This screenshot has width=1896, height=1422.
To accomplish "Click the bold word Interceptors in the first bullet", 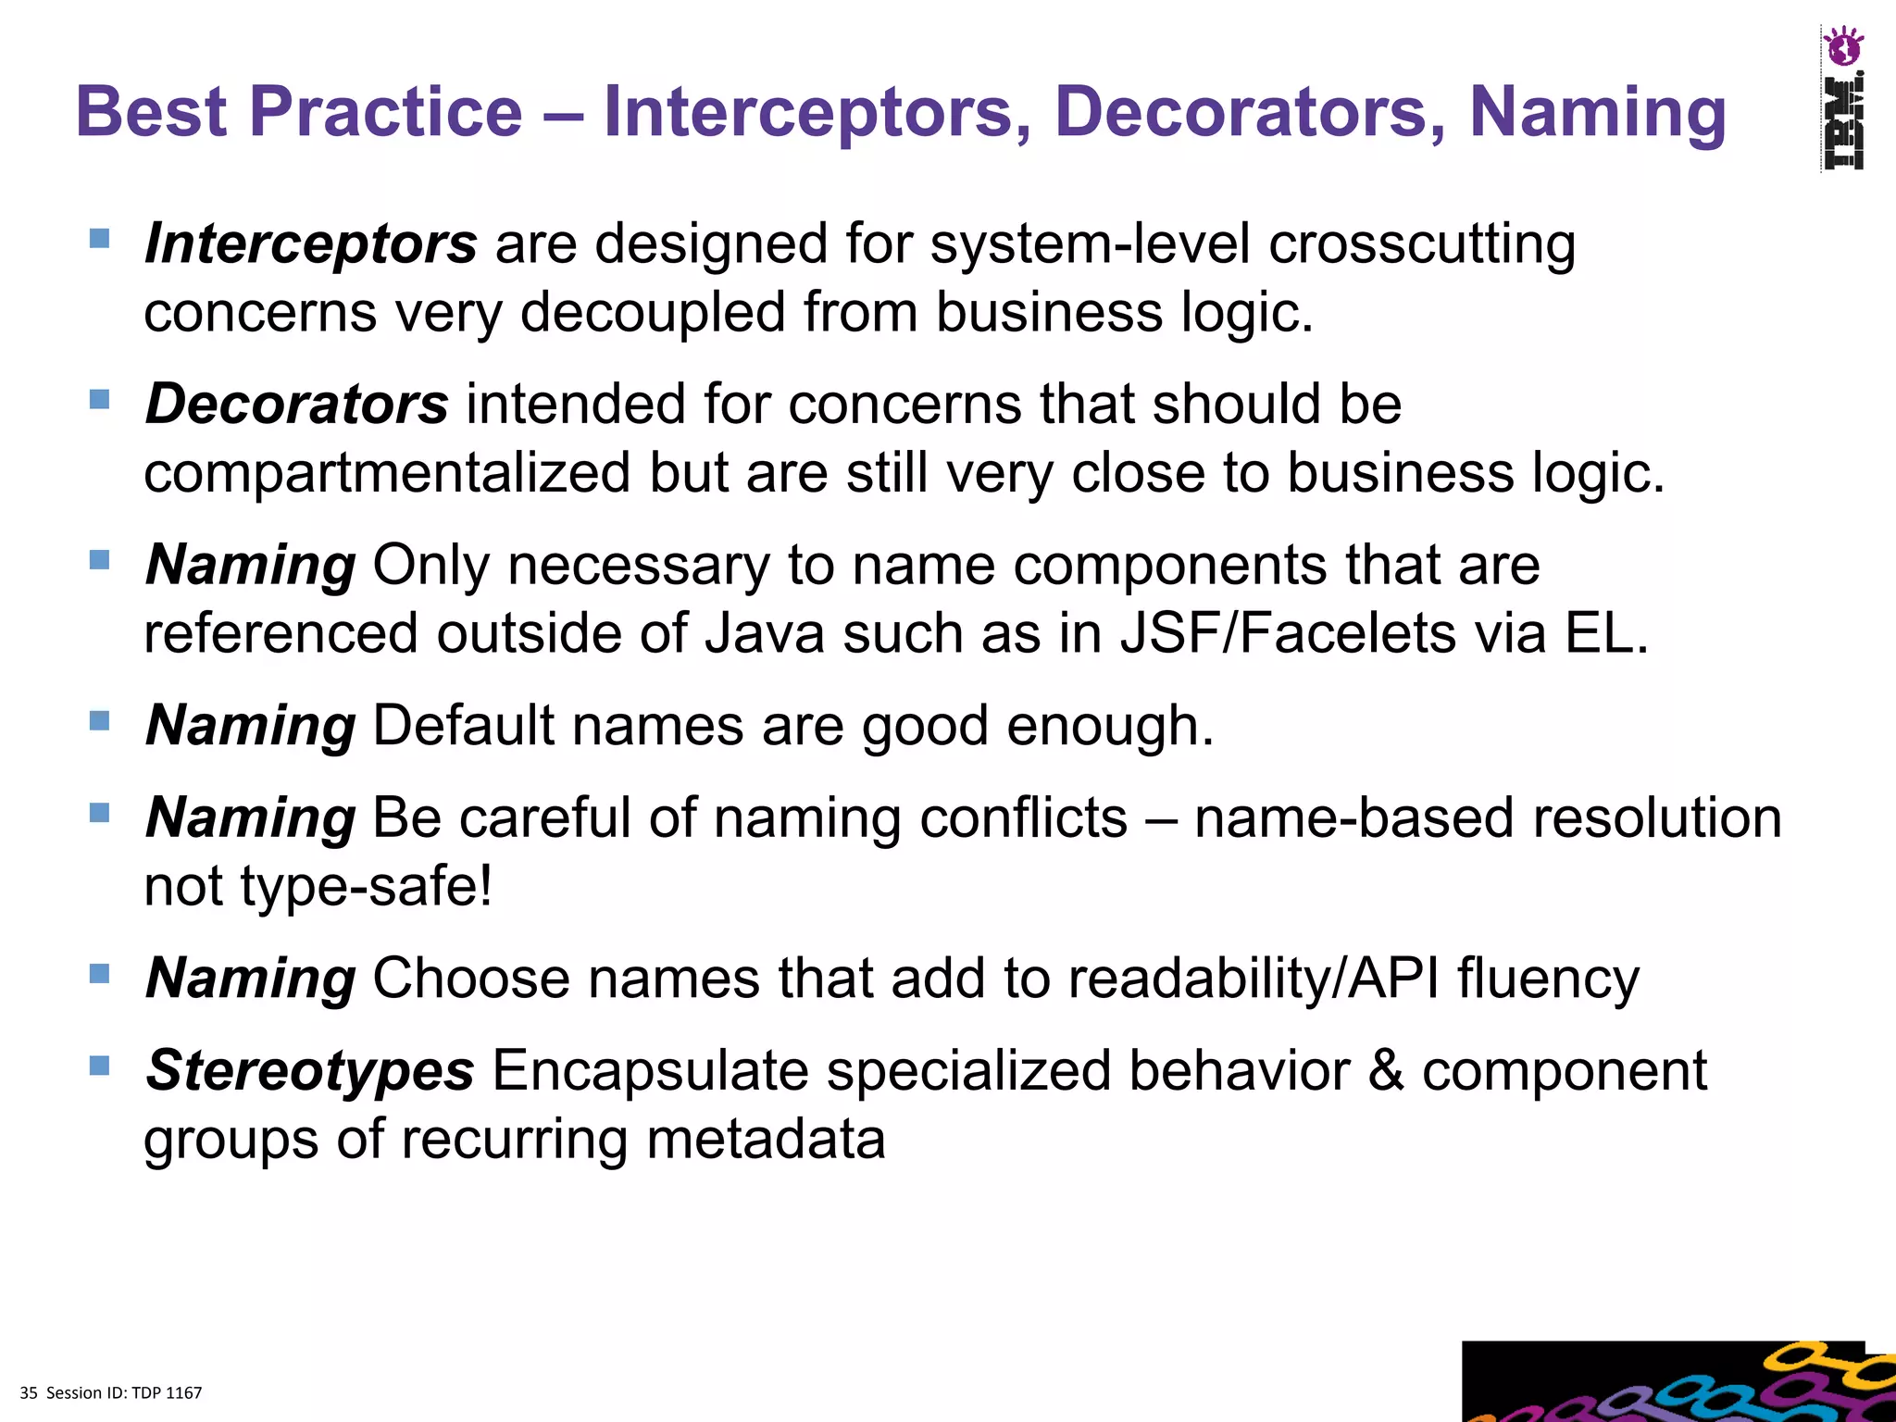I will tap(311, 244).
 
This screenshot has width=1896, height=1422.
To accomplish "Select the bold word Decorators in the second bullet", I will tap(297, 405).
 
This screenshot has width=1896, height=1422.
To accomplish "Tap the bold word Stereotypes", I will tap(310, 1071).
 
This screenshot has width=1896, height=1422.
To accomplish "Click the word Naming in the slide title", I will tap(1597, 113).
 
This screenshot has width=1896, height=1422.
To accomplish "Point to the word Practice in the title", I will tap(386, 113).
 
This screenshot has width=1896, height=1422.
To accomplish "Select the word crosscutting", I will tap(1421, 244).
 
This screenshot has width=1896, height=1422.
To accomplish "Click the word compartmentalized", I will tap(386, 473).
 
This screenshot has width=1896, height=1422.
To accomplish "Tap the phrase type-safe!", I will tap(367, 887).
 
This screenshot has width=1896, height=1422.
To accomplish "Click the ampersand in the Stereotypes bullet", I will tap(1385, 1071).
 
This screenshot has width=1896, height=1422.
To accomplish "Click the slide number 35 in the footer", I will tap(29, 1393).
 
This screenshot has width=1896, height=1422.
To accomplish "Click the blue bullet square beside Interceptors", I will tap(100, 240).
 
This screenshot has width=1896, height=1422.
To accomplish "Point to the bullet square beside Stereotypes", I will tap(100, 1066).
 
